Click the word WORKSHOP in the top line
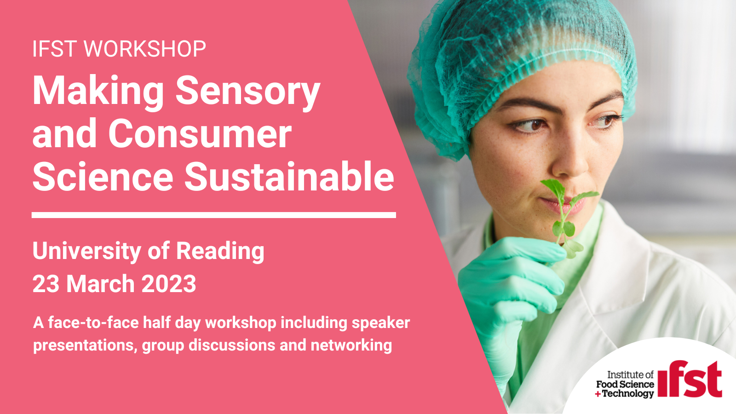[x=145, y=49]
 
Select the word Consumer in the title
[x=200, y=134]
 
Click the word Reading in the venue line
[x=220, y=252]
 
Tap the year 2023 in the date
[x=168, y=284]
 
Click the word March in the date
[x=101, y=284]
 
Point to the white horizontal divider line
[x=213, y=215]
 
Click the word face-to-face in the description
[x=94, y=322]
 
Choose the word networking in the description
[x=351, y=345]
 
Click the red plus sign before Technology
[x=598, y=394]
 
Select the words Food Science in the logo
[x=625, y=384]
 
